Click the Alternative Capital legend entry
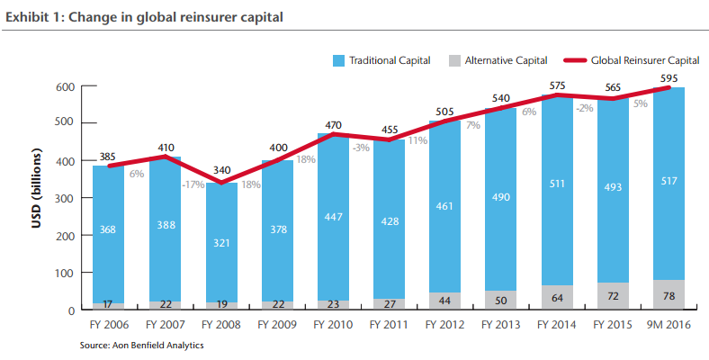coord(498,60)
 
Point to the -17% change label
coord(193,184)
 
